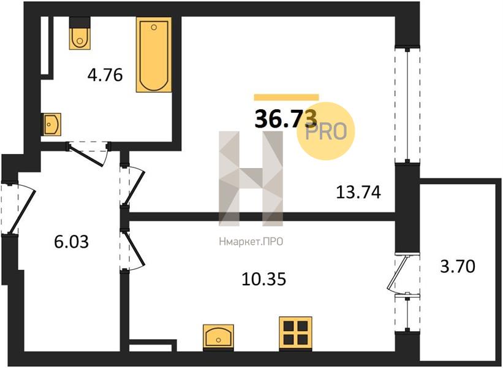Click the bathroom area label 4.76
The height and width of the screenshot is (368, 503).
[x=105, y=75]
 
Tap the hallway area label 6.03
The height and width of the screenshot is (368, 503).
[x=71, y=242]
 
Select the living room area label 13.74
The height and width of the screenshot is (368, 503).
[x=358, y=193]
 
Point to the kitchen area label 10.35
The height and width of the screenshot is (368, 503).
[x=263, y=278]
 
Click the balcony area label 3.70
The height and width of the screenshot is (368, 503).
[x=458, y=266]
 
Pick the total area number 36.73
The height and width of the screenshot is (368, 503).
[x=286, y=118]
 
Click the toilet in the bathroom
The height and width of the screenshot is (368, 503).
[x=80, y=33]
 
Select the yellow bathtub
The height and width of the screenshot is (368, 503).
[x=154, y=55]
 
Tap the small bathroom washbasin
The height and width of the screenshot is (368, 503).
[x=51, y=124]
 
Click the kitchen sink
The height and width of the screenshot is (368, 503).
[x=219, y=336]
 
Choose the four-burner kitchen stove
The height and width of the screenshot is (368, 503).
[x=295, y=333]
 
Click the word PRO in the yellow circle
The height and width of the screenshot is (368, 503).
[x=325, y=132]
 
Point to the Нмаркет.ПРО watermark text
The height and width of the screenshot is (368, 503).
[x=251, y=242]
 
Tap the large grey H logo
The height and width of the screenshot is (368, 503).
[x=251, y=178]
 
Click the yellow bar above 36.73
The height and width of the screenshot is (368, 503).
[x=287, y=98]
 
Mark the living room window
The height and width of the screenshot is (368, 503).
[x=407, y=105]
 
